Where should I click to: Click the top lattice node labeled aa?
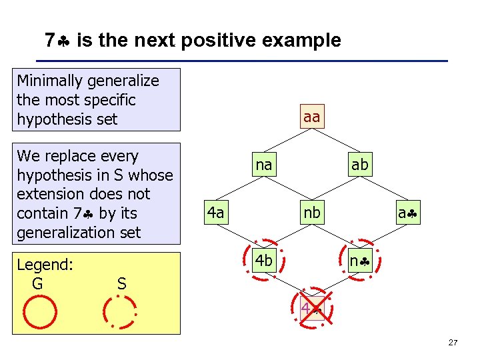311,117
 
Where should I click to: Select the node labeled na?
264,165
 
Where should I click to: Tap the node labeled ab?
359,165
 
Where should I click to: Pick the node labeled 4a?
215,213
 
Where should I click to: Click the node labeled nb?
311,213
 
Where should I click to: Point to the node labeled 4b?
264,261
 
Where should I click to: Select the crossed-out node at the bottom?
311,309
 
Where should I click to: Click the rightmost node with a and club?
407,213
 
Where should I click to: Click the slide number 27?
453,343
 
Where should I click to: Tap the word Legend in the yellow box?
45,265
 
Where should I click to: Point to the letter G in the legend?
37,284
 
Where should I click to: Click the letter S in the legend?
121,284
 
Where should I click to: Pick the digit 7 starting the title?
49,41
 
